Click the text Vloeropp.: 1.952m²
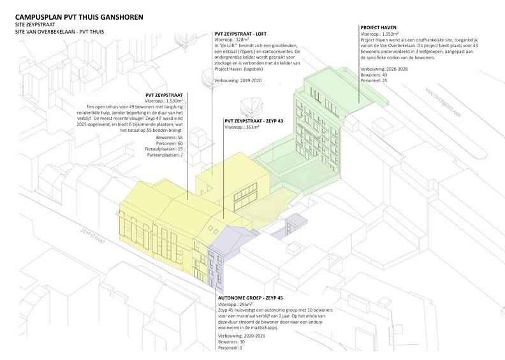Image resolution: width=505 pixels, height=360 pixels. pyautogui.click(x=381, y=35)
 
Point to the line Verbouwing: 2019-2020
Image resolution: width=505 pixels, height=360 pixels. pyautogui.click(x=239, y=81)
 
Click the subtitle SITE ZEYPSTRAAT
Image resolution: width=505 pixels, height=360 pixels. pyautogui.click(x=36, y=23)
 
